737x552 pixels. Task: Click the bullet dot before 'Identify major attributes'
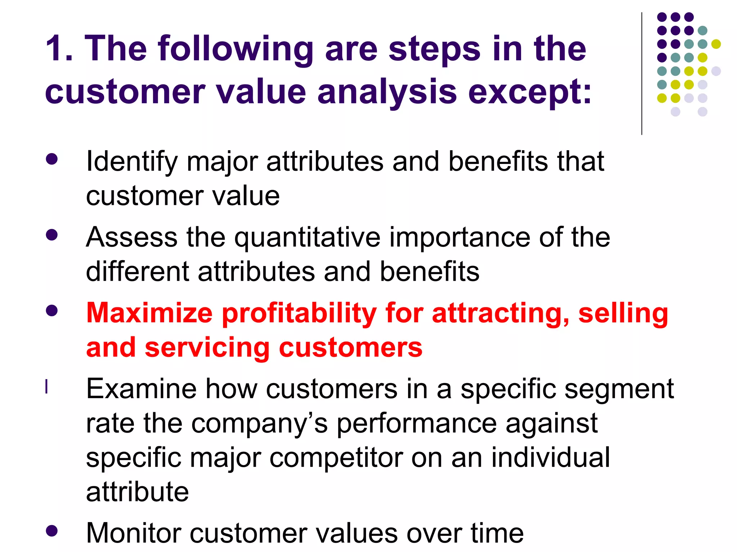52,159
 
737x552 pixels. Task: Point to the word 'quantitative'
307,238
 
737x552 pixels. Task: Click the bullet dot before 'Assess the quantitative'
52,235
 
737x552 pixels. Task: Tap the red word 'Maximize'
149,313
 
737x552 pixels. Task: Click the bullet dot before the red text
52,310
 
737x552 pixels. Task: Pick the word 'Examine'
141,389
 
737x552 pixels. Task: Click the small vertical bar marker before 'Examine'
46,387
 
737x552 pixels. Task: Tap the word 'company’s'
259,423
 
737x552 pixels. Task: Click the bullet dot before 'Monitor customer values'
52,530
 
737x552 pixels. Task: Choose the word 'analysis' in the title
387,92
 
